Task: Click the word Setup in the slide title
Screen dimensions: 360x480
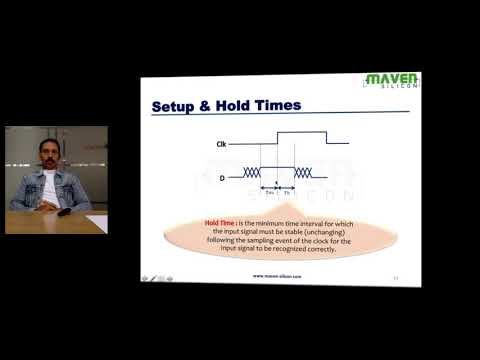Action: pyautogui.click(x=173, y=105)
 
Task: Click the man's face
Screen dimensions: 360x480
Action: pyautogui.click(x=46, y=154)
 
